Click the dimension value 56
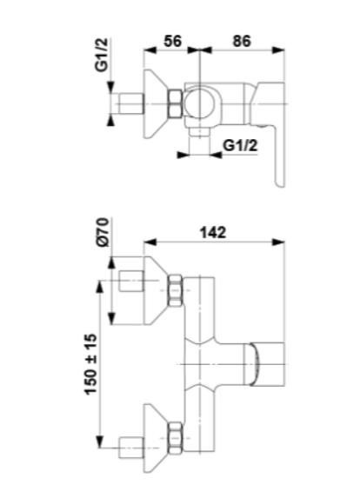point(172,41)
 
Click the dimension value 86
point(242,41)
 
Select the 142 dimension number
point(213,232)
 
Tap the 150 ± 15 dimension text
point(91,364)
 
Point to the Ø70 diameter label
point(103,232)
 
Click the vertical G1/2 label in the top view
point(102,55)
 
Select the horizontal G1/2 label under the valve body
point(240,146)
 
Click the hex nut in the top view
point(175,103)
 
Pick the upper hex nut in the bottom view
point(176,290)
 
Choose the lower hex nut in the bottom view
point(176,438)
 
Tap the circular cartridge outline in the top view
point(200,103)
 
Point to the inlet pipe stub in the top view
point(130,103)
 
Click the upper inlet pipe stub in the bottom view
point(131,281)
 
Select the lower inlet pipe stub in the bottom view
point(131,448)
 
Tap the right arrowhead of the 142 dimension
point(278,242)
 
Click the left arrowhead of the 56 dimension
point(150,50)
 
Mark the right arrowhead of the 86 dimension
point(278,50)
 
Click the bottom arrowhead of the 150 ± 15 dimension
point(100,442)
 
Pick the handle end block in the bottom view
point(267,364)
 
